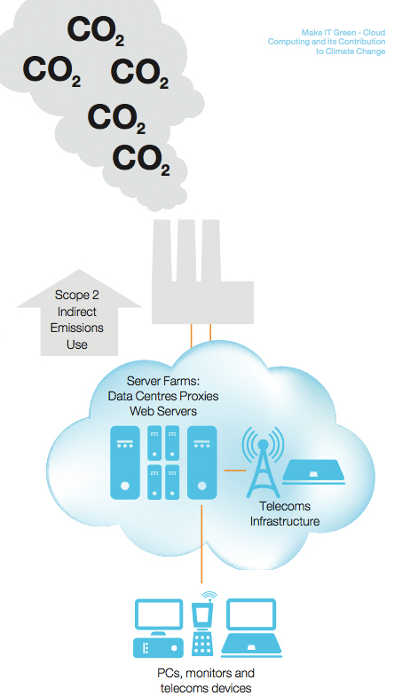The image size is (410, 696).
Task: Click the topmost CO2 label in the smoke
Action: click(x=95, y=31)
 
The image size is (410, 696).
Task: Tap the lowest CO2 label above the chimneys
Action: click(x=141, y=160)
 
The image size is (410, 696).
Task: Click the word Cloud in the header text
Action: click(x=375, y=32)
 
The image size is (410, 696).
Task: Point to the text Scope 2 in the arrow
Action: click(x=76, y=295)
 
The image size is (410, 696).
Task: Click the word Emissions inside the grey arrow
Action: click(x=76, y=328)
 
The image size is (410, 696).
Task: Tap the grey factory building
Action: click(x=202, y=272)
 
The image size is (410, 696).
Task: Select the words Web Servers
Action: click(x=163, y=411)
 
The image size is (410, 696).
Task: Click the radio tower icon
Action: click(x=263, y=462)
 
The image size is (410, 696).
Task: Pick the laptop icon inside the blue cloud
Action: click(x=314, y=472)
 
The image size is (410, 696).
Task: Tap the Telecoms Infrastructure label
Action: click(x=284, y=513)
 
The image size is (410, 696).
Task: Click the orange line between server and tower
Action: click(x=234, y=471)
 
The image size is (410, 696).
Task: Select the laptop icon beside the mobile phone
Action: click(x=252, y=629)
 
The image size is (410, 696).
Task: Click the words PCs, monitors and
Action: click(x=206, y=673)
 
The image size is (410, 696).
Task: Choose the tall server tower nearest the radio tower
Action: click(x=202, y=463)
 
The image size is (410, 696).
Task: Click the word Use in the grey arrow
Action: click(x=76, y=344)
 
